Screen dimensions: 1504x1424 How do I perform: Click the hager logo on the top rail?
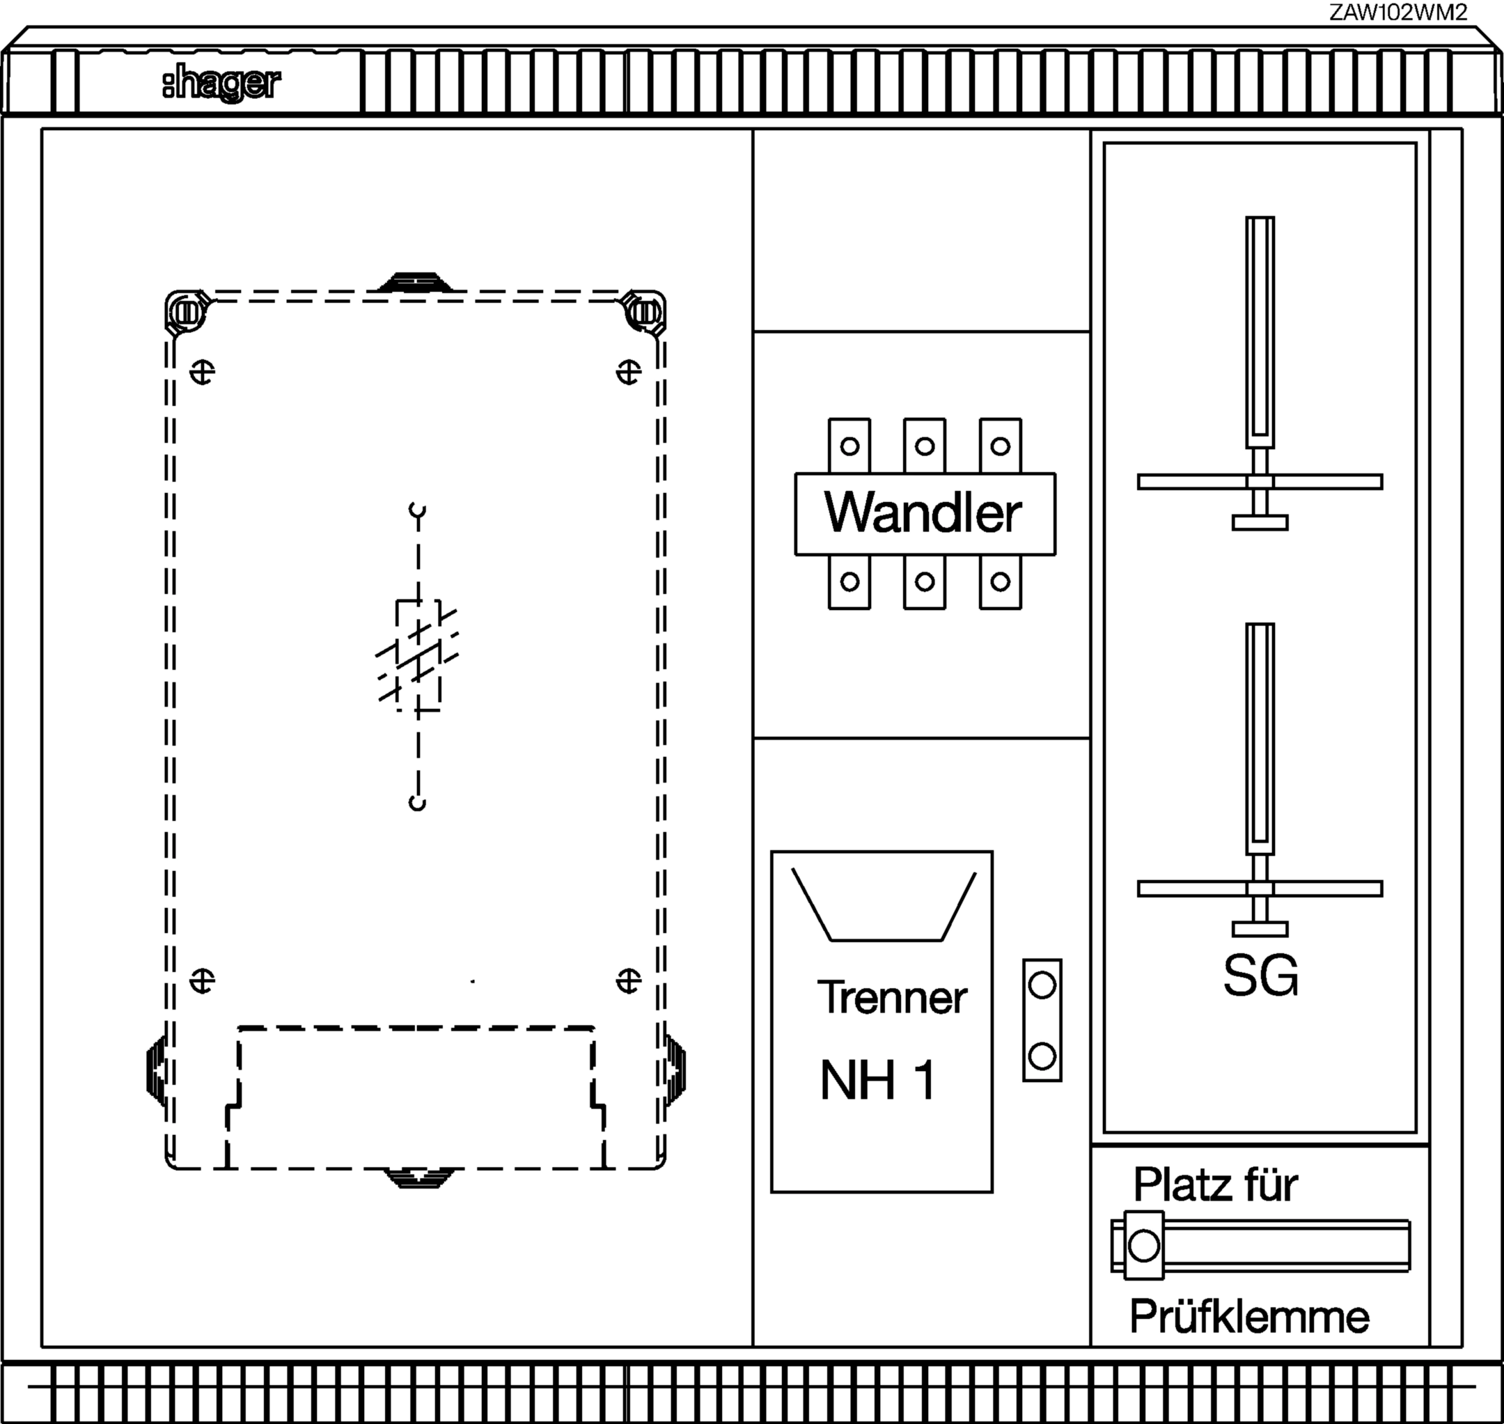(x=221, y=84)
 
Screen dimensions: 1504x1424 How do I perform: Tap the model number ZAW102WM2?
(x=1397, y=12)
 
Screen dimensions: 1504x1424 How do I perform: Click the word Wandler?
(x=923, y=513)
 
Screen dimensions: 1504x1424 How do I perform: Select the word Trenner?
(x=892, y=997)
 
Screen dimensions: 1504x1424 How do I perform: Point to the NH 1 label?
(x=878, y=1080)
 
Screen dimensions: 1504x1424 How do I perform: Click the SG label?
(x=1260, y=976)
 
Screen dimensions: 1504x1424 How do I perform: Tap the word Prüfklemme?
(x=1249, y=1317)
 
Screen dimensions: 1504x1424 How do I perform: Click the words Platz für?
(x=1215, y=1184)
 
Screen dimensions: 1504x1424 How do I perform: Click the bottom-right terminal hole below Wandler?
(x=1000, y=582)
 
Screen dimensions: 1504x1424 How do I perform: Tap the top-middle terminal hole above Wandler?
(x=924, y=446)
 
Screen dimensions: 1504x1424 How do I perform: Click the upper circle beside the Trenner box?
(x=1042, y=985)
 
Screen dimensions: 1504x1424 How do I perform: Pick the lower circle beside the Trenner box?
(x=1042, y=1056)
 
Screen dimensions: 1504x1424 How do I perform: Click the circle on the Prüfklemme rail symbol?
(x=1143, y=1246)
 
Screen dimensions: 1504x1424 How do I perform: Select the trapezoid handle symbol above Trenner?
(x=884, y=905)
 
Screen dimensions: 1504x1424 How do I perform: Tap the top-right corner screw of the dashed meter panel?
(x=644, y=312)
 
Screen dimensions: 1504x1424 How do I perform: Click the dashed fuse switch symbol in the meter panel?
(x=418, y=656)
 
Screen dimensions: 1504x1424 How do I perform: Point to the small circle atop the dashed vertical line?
(x=417, y=509)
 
